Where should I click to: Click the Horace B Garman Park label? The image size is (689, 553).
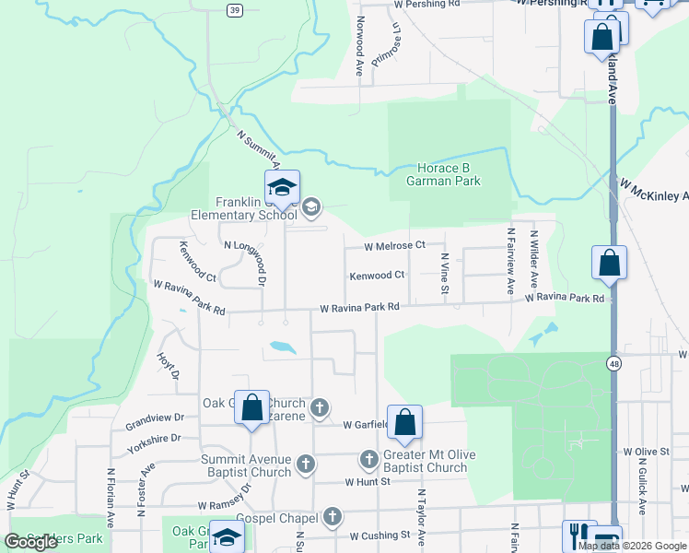(444, 174)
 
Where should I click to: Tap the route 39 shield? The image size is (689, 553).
(236, 9)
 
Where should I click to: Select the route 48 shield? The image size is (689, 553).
(612, 364)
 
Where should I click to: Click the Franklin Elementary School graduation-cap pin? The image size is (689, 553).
(282, 190)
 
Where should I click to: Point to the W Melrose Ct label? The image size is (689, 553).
(394, 246)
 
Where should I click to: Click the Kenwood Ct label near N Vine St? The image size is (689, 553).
(377, 276)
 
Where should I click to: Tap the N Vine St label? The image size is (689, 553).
(444, 275)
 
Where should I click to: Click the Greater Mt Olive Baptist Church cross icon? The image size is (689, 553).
(368, 458)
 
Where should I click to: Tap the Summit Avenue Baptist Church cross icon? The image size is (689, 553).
(306, 464)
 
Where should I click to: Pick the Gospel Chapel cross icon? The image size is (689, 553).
(333, 517)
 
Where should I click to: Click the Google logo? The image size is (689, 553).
(31, 542)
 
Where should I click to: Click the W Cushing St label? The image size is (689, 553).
(380, 535)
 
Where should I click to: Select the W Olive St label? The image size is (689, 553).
(646, 452)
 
